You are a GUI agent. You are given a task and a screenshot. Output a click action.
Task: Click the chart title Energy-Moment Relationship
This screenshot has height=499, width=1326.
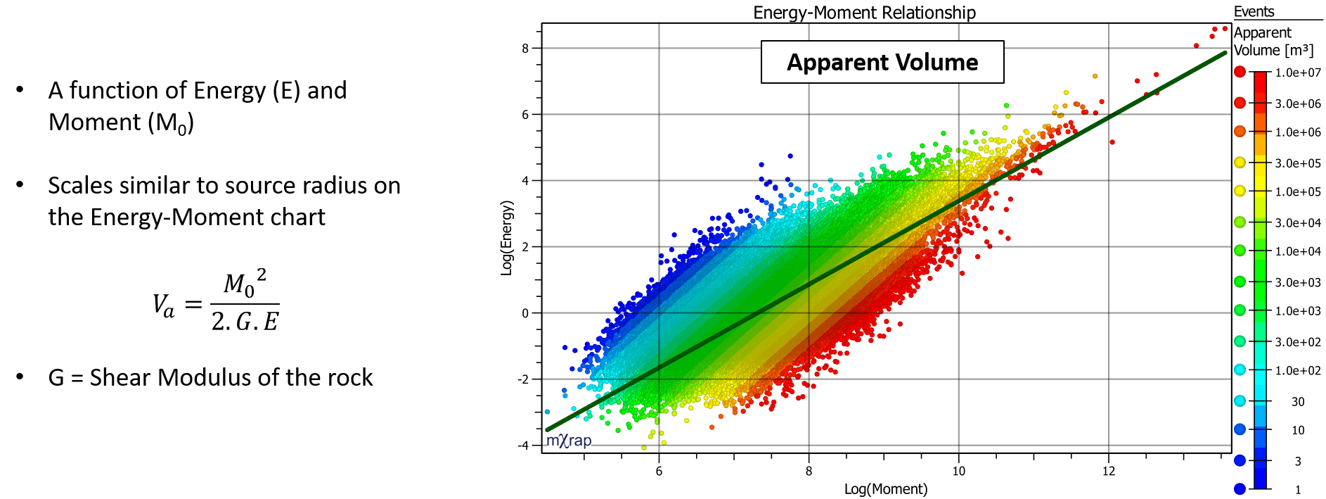(864, 13)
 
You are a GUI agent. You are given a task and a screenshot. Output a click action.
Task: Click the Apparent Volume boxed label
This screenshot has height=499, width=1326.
(882, 62)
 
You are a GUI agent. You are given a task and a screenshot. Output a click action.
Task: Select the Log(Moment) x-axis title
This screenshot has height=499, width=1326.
(886, 489)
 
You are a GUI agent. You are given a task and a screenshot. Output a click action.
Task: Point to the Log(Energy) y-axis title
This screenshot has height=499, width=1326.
(507, 238)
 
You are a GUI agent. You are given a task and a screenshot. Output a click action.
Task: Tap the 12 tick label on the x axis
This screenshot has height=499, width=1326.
(1109, 471)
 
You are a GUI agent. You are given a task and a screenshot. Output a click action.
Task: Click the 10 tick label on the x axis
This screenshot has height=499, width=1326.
(958, 471)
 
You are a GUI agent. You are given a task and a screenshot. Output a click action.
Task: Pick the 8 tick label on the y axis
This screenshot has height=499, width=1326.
(525, 49)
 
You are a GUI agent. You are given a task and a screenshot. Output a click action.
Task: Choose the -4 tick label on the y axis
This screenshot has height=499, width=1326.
(523, 446)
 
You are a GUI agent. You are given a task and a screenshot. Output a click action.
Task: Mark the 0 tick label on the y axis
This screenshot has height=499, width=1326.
(525, 313)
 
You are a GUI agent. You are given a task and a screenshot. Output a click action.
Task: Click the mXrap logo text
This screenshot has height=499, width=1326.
(569, 441)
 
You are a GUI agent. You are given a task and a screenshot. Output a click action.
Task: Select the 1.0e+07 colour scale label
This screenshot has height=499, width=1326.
(1298, 72)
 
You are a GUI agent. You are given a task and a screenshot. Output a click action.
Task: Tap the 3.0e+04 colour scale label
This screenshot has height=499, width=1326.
(1298, 223)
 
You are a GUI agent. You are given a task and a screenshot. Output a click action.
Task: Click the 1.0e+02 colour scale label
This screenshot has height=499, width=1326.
(1298, 370)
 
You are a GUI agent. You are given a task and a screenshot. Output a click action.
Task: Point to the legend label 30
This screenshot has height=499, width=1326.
(1298, 402)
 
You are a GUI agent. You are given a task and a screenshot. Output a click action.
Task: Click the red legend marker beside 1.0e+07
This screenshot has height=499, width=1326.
(1240, 72)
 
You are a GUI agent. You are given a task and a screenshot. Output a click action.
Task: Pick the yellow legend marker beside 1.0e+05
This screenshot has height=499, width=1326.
(1240, 191)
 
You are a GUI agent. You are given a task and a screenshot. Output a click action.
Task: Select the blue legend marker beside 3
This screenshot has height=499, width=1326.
(1240, 460)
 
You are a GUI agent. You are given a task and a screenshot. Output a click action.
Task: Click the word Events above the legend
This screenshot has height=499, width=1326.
(1254, 11)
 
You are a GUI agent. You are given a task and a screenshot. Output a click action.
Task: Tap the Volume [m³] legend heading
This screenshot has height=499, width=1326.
(1273, 51)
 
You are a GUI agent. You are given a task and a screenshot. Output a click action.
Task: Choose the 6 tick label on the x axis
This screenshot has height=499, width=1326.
(659, 471)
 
